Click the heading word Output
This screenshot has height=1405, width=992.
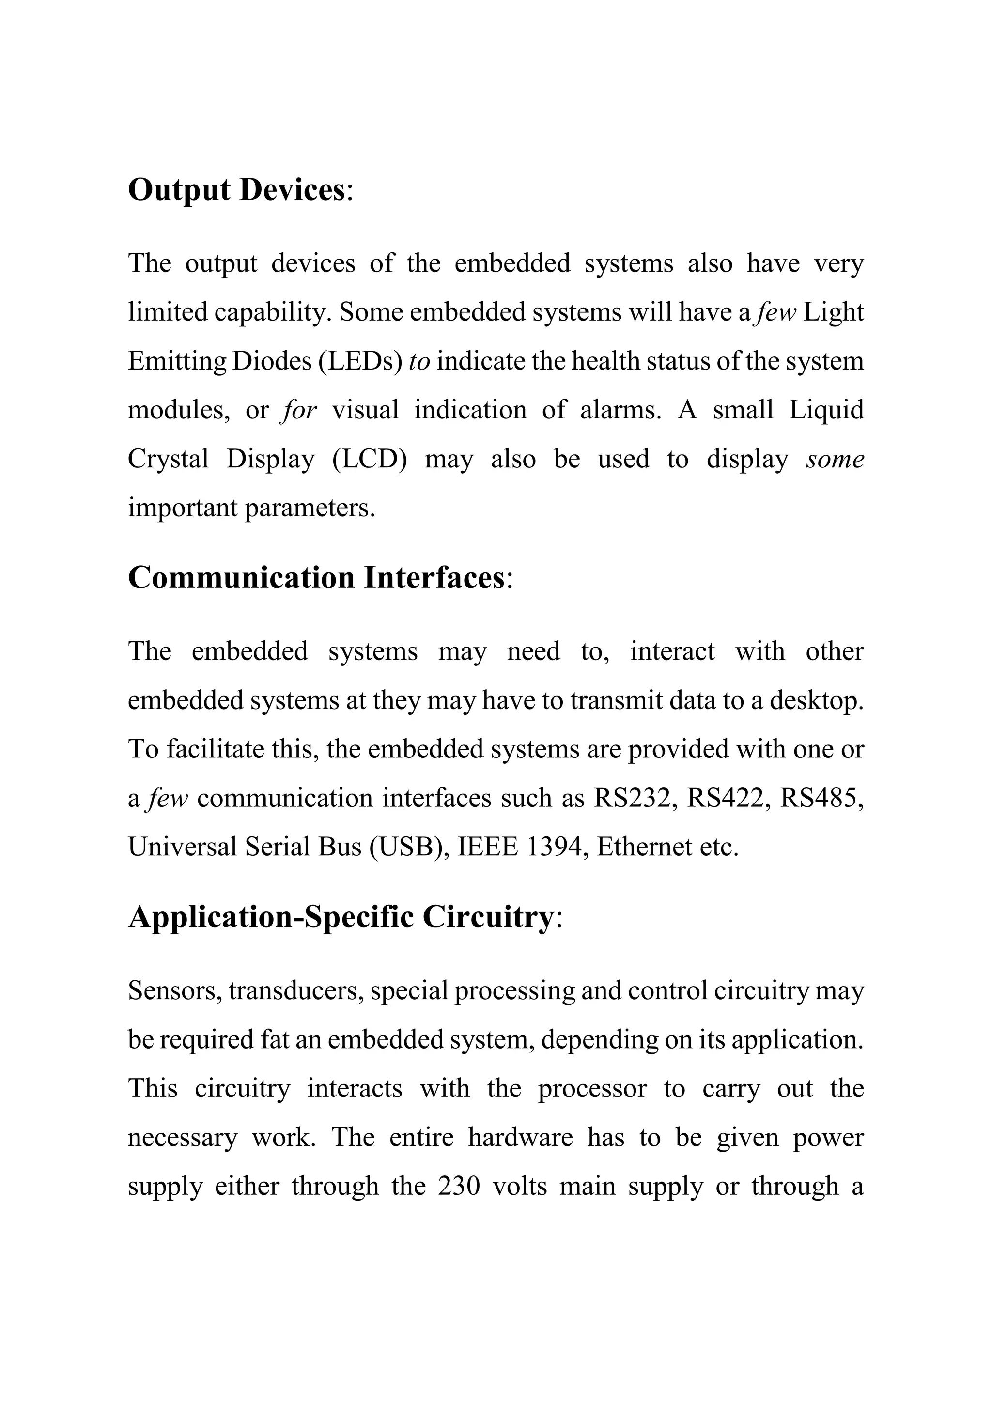coord(179,190)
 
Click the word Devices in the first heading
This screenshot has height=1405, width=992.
coord(293,190)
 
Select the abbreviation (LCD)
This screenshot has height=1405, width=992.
coord(370,460)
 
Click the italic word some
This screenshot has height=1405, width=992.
coord(835,460)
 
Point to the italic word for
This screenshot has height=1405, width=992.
coord(299,411)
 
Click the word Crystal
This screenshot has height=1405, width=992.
coord(168,460)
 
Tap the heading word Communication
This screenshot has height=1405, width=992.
coord(241,578)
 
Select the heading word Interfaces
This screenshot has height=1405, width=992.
coord(434,578)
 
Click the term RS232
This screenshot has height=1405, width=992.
coord(632,799)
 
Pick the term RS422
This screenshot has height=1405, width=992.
coord(725,799)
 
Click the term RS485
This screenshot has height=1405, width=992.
coord(819,799)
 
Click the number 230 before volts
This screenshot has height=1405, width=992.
coord(459,1187)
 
